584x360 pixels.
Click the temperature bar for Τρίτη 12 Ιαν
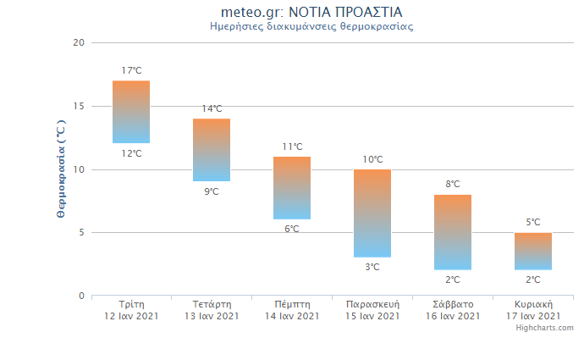point(131,112)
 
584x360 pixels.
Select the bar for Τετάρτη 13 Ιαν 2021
point(212,150)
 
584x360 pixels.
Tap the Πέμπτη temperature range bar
point(292,188)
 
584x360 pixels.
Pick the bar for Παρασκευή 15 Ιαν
point(372,213)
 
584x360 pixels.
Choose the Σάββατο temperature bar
point(453,232)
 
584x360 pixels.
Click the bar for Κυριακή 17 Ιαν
point(533,252)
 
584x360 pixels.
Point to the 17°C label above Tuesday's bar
point(131,70)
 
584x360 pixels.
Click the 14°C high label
point(212,108)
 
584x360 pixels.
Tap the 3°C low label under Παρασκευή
point(372,267)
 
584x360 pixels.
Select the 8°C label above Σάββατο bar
point(453,184)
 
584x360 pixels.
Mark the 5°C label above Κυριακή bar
point(533,222)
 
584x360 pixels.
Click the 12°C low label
point(131,153)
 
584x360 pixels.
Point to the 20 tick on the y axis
point(79,42)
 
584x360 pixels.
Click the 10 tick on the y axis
point(79,169)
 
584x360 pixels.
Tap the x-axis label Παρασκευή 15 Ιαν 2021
point(372,310)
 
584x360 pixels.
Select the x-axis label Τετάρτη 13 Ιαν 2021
point(212,310)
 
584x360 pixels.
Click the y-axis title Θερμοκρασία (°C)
point(60,169)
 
